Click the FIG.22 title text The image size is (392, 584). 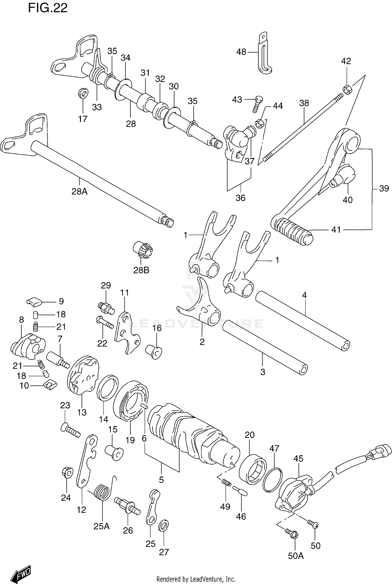[48, 8]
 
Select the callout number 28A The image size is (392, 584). [79, 192]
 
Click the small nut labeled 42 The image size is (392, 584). [347, 90]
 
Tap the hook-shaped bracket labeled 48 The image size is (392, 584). [264, 55]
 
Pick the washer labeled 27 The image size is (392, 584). [164, 526]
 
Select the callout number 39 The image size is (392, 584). [384, 188]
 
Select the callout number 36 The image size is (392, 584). [240, 198]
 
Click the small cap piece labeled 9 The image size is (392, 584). [34, 301]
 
